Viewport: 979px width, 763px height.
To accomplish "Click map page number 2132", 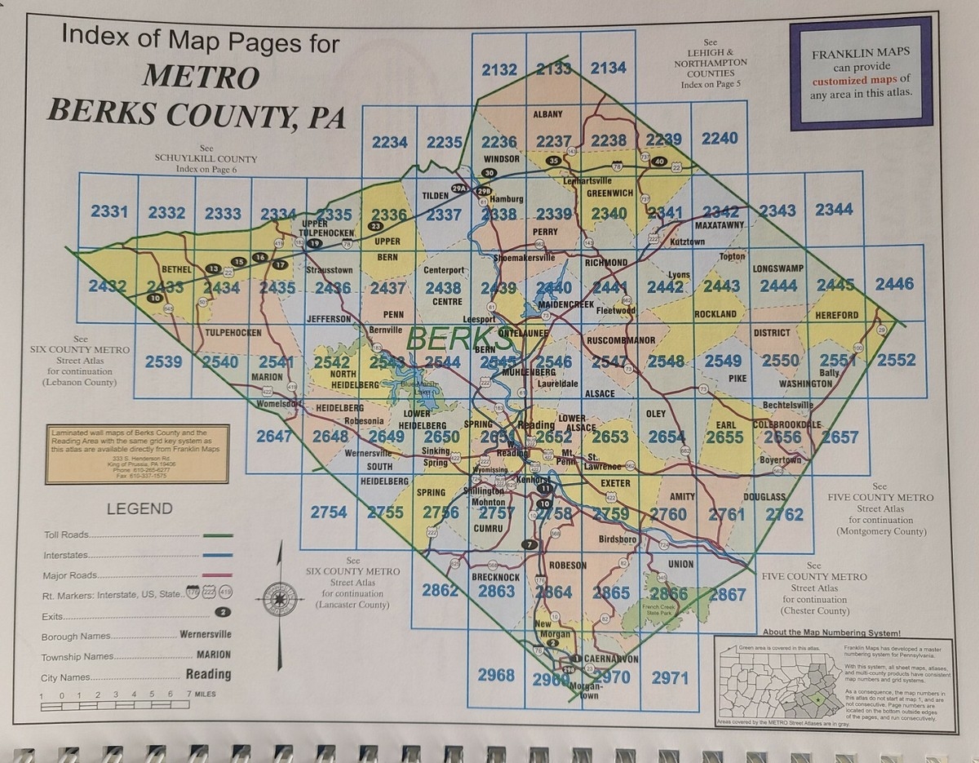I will coord(498,69).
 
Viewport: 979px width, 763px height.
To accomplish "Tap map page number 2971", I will coord(670,677).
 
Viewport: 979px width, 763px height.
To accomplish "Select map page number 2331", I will coord(109,211).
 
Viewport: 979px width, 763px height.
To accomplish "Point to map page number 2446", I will coord(894,283).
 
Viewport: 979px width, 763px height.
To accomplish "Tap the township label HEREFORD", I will coord(835,315).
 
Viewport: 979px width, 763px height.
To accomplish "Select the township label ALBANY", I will coord(547,114).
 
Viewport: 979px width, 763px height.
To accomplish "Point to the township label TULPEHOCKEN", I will coord(233,333).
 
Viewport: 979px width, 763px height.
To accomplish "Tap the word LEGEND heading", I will coord(140,508).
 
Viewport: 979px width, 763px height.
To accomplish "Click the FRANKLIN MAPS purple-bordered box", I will coord(861,73).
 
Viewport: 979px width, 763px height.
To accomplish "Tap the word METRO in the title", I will coord(201,77).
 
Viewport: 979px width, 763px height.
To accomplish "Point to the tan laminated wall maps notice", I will coord(137,454).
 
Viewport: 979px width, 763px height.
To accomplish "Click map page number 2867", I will coord(726,595).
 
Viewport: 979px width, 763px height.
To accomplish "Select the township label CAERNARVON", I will coord(610,659).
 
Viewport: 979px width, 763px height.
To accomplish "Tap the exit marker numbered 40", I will coord(659,162).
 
